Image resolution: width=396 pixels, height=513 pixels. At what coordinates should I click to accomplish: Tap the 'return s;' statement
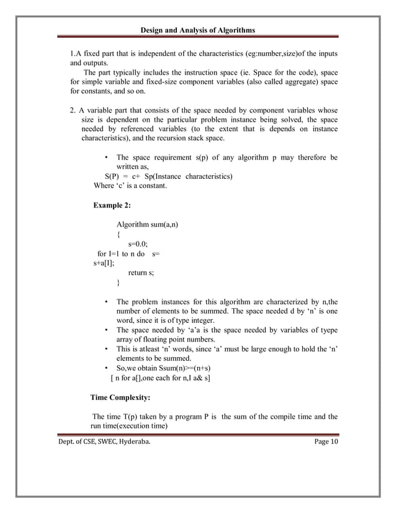[x=141, y=272]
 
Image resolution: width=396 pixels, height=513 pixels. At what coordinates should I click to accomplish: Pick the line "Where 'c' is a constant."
[x=132, y=186]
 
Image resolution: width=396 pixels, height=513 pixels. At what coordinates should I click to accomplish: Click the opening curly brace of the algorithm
[x=119, y=234]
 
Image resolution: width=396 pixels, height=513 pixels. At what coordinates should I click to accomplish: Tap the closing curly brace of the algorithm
[x=119, y=283]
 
